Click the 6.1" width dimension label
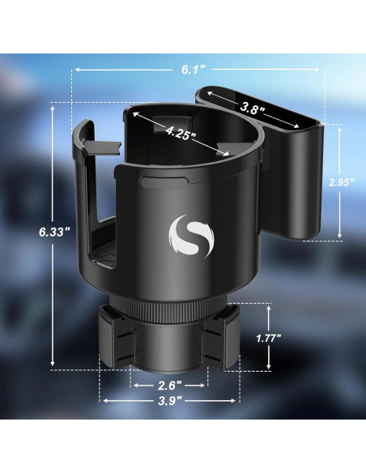[193, 70]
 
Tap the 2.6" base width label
[171, 385]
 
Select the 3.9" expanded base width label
[171, 399]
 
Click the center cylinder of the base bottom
[170, 348]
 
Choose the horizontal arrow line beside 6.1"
[259, 70]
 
